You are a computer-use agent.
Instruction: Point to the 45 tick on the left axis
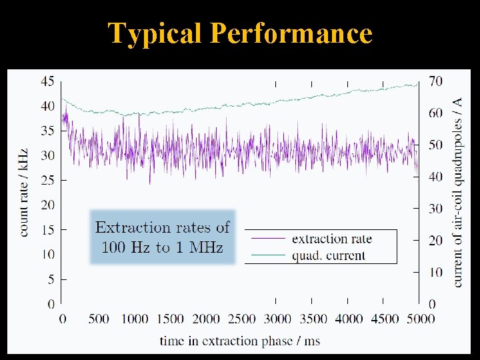tap(47, 81)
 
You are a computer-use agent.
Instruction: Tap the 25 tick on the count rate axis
tap(47, 180)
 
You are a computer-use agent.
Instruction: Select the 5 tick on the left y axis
tap(51, 279)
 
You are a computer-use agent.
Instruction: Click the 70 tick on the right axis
tap(435, 81)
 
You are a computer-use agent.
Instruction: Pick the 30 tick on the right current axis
tap(435, 209)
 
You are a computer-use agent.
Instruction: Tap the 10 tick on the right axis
tap(435, 272)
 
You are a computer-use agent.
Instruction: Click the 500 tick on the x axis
tap(98, 319)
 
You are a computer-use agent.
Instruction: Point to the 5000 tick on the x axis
tap(419, 319)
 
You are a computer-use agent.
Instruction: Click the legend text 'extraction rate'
tap(332, 239)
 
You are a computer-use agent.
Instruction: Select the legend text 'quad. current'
tap(329, 255)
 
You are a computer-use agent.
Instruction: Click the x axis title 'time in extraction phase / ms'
tap(239, 341)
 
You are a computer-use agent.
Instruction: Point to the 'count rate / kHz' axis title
tap(25, 193)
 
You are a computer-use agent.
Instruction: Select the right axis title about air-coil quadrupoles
tap(458, 193)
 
